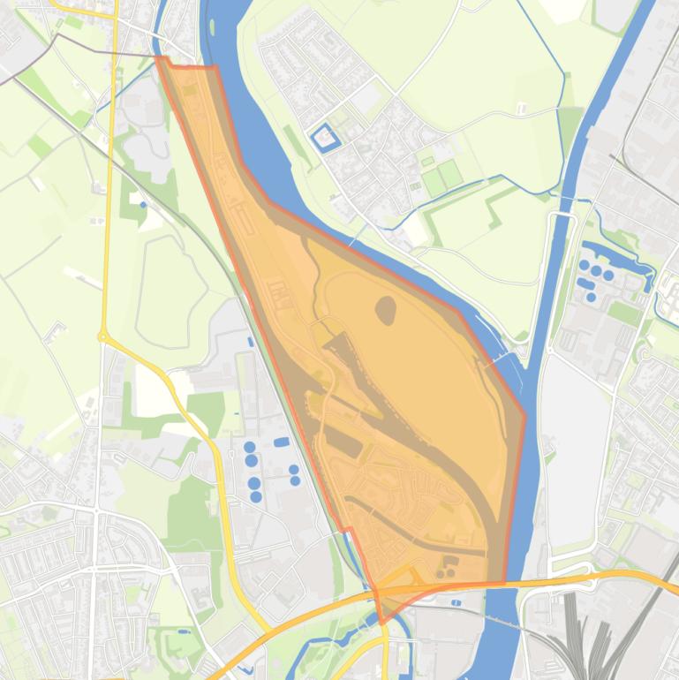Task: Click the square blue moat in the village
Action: click(324, 138)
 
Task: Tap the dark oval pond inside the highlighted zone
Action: click(386, 309)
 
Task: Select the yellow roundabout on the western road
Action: click(103, 336)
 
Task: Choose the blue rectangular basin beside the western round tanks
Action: click(282, 442)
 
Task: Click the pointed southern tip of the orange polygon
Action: click(381, 622)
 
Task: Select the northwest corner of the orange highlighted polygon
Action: click(160, 58)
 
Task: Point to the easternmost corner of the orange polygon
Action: click(524, 416)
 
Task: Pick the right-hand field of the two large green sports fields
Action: click(450, 174)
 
